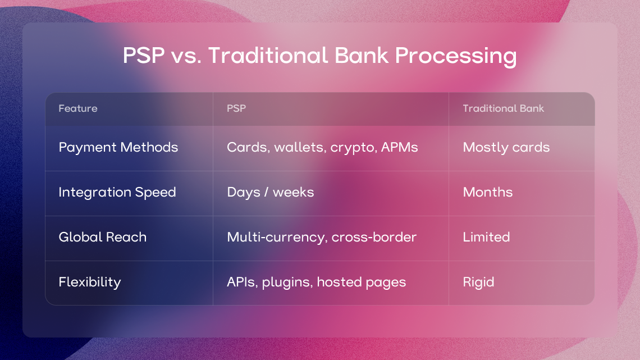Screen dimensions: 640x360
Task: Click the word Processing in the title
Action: (455, 56)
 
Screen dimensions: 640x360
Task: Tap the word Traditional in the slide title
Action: (268, 55)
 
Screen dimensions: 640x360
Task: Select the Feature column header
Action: (78, 108)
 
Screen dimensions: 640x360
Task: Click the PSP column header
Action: (236, 108)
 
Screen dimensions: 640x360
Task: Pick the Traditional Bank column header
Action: (503, 108)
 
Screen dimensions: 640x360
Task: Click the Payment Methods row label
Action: (118, 147)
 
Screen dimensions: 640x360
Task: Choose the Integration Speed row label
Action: (117, 192)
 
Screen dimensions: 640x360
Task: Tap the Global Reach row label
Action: (102, 237)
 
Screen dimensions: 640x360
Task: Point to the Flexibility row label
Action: (90, 282)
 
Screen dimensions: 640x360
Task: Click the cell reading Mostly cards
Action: (506, 147)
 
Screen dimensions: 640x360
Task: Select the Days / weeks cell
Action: (270, 192)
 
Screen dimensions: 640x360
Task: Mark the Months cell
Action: (488, 192)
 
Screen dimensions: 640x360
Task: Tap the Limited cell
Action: (486, 237)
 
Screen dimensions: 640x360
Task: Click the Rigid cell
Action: (478, 282)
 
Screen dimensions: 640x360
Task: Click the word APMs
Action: (400, 147)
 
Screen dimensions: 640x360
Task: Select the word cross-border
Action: (374, 237)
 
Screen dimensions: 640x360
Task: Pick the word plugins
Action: (287, 282)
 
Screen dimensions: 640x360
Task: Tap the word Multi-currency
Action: (277, 238)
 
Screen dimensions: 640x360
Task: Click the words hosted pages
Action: (361, 282)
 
